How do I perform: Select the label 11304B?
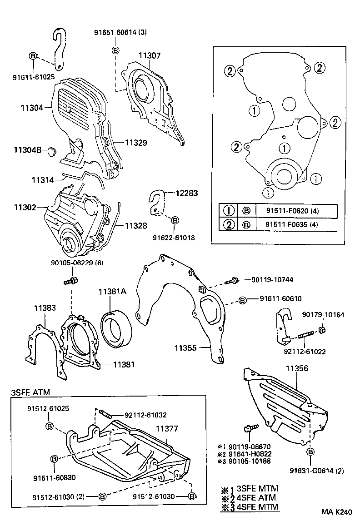(28, 149)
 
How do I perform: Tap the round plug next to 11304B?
(51, 150)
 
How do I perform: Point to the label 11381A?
(112, 293)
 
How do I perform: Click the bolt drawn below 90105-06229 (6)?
(69, 282)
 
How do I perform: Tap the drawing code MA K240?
(336, 512)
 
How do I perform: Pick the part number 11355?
(187, 348)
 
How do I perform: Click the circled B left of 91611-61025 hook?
(33, 56)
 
